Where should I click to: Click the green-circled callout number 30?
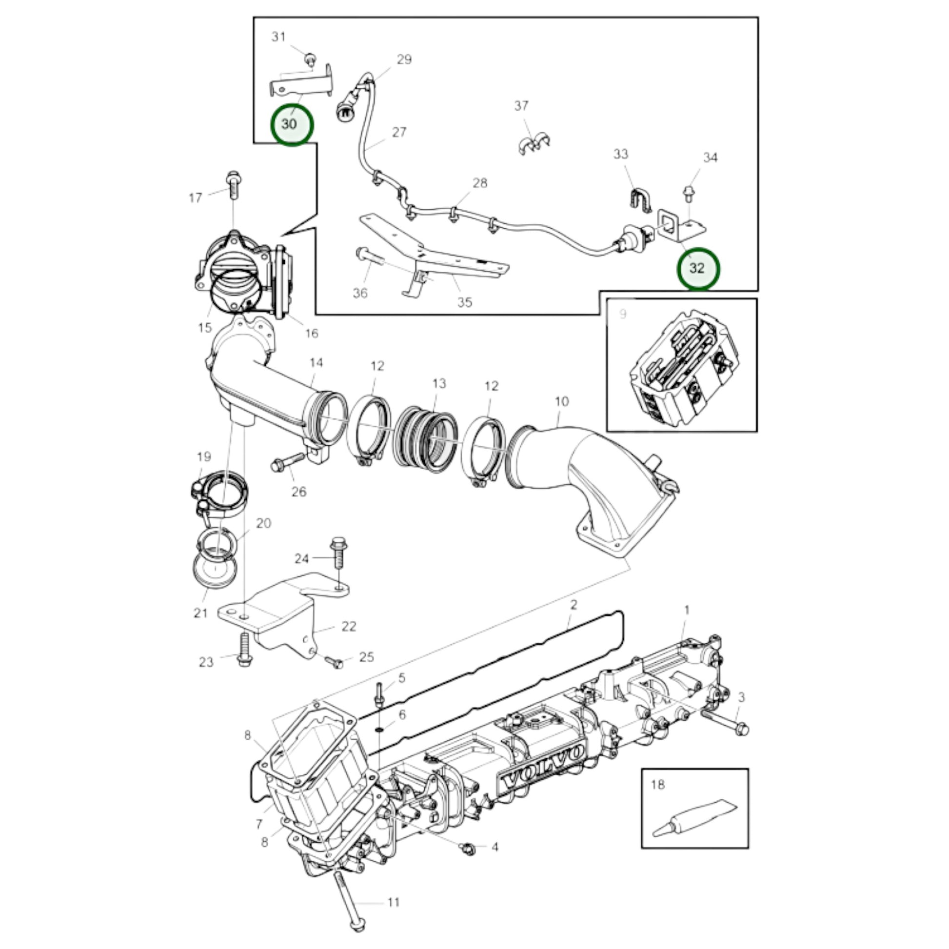tap(292, 124)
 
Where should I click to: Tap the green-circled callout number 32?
tap(697, 268)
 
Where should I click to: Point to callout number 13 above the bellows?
tap(438, 383)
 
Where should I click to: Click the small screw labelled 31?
tap(310, 59)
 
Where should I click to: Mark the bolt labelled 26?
tap(288, 461)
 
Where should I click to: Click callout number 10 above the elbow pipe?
tap(561, 401)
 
